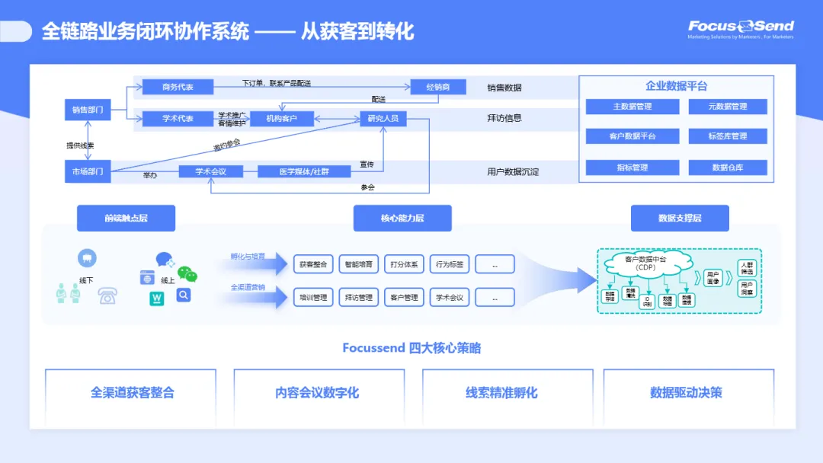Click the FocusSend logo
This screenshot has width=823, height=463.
click(x=741, y=29)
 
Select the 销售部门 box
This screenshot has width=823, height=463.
click(x=88, y=110)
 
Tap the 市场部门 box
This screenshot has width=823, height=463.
click(x=88, y=171)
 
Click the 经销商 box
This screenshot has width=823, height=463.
click(x=437, y=87)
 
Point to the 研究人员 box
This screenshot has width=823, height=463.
click(x=383, y=119)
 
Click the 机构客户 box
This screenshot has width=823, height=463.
click(x=282, y=119)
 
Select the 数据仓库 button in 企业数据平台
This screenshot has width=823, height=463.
click(x=727, y=168)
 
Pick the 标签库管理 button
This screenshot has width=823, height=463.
click(x=727, y=136)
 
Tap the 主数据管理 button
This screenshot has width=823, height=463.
click(x=632, y=107)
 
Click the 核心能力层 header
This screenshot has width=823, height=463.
click(x=402, y=219)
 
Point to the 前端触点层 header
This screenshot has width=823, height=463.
click(x=126, y=219)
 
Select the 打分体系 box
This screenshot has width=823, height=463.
click(x=403, y=264)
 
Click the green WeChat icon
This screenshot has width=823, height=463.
click(x=187, y=274)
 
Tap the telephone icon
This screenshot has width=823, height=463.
click(x=107, y=296)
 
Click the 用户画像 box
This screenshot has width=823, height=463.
click(x=713, y=277)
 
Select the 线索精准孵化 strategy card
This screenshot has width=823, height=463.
click(x=501, y=393)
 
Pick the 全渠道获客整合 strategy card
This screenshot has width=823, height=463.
click(x=132, y=393)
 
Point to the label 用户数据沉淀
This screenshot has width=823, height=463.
click(x=513, y=172)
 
